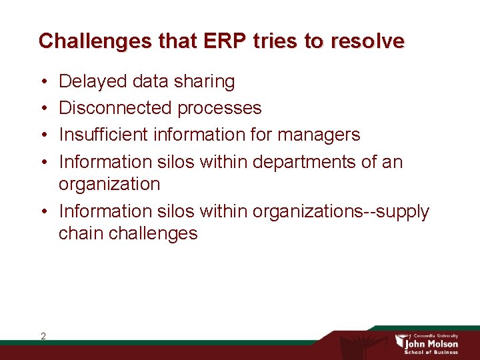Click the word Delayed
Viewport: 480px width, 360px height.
click(93, 81)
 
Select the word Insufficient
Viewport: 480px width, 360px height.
click(104, 135)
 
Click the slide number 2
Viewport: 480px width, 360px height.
click(43, 336)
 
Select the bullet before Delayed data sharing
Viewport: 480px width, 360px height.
click(43, 82)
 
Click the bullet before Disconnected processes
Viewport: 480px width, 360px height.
click(43, 109)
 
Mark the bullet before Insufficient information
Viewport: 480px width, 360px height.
click(43, 135)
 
